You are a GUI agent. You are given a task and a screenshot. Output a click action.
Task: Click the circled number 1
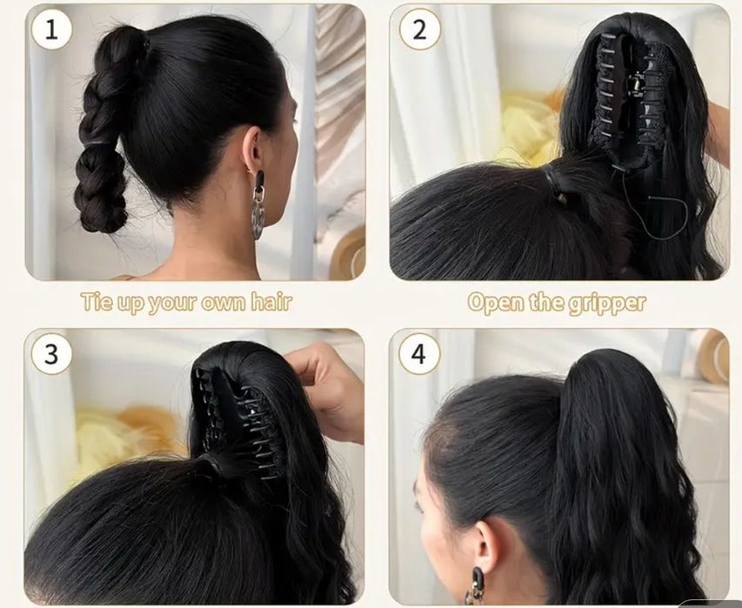51,30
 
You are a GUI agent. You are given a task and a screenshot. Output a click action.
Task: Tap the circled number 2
419,30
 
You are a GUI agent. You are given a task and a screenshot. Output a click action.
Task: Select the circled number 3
51,354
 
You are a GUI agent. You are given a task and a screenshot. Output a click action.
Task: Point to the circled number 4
418,353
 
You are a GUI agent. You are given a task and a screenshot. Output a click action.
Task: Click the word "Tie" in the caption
97,302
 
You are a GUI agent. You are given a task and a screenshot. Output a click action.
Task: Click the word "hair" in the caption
271,302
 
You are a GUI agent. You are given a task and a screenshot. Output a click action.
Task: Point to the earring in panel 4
475,588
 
